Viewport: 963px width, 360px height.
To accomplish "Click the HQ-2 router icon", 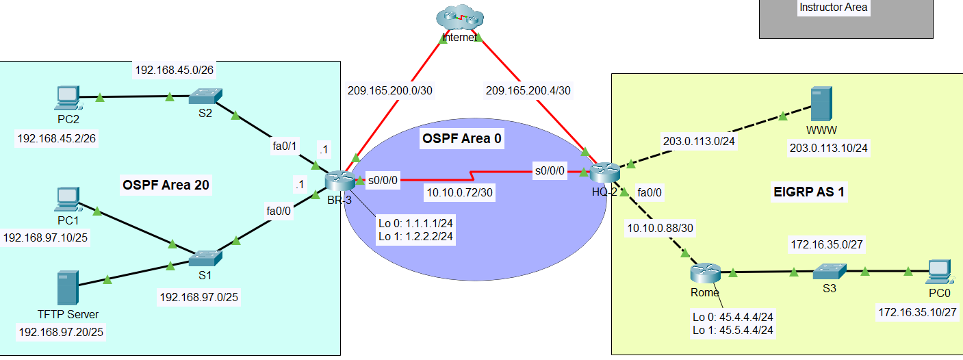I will click(x=604, y=171).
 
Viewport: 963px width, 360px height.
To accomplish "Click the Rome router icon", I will click(x=705, y=274).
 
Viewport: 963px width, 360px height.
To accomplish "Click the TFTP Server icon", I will click(x=67, y=288).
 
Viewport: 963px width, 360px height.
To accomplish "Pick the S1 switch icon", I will click(x=204, y=258).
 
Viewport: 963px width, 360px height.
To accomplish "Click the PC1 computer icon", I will click(x=68, y=201).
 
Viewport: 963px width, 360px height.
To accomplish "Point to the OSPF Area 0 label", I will click(x=461, y=140).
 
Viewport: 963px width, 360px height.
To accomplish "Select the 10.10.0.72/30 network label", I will click(x=460, y=193).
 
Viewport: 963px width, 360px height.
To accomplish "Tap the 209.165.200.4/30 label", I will click(x=528, y=90).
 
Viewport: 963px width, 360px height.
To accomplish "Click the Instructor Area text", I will click(x=833, y=8).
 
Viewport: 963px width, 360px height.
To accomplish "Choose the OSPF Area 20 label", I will click(x=166, y=184).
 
